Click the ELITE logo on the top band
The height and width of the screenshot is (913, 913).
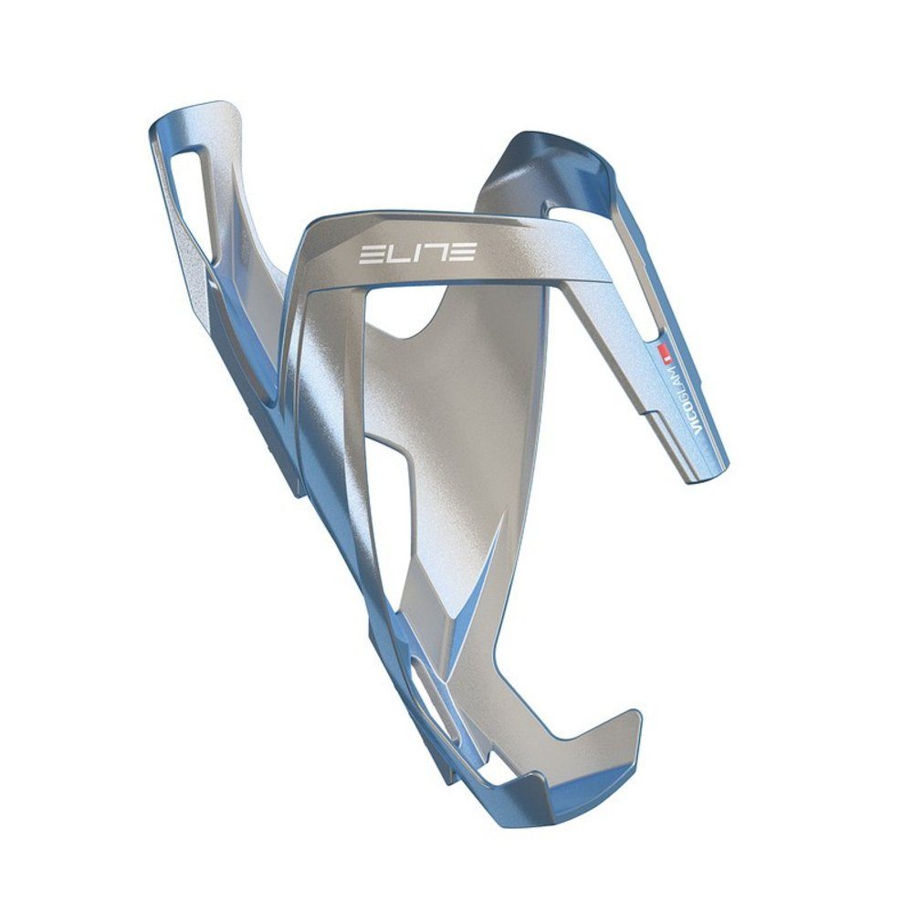pos(416,251)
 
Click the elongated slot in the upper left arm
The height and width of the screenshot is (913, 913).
pos(200,194)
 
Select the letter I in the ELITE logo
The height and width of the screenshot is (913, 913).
pos(415,251)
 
